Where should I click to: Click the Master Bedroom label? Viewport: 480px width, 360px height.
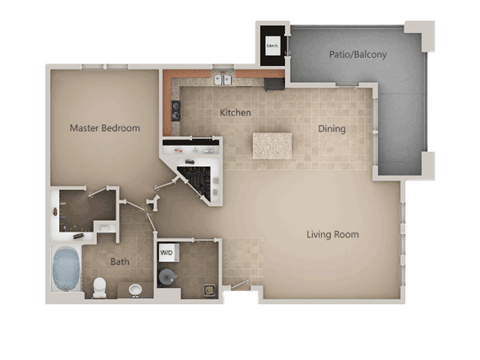pyautogui.click(x=104, y=128)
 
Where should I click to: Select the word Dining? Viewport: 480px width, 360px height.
pyautogui.click(x=332, y=128)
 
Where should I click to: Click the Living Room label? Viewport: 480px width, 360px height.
pyautogui.click(x=332, y=235)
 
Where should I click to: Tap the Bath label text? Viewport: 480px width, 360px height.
pyautogui.click(x=120, y=262)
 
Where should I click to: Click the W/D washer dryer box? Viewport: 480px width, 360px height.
pyautogui.click(x=167, y=252)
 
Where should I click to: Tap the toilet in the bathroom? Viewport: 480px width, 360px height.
pyautogui.click(x=99, y=288)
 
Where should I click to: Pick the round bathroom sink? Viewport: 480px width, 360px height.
pyautogui.click(x=135, y=290)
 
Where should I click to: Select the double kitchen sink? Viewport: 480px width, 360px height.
pyautogui.click(x=223, y=78)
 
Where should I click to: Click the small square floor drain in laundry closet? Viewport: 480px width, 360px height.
pyautogui.click(x=208, y=290)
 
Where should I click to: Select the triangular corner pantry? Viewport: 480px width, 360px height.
pyautogui.click(x=195, y=175)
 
